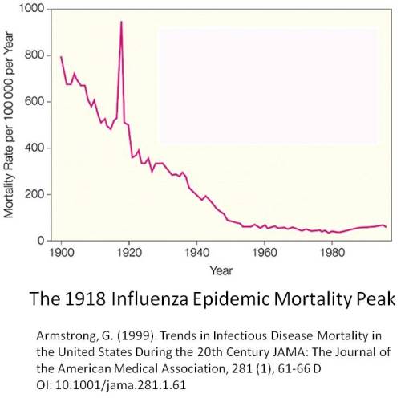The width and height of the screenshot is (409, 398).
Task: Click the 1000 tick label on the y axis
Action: (33, 9)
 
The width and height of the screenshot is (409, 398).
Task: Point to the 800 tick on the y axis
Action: (35, 55)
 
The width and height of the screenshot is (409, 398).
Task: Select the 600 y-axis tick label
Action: (35, 102)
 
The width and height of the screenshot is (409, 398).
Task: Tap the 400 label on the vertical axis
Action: (35, 148)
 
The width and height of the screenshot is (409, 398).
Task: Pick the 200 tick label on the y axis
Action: (35, 195)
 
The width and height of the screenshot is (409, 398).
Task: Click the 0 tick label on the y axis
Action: (42, 241)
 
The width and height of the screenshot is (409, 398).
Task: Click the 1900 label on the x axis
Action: (61, 254)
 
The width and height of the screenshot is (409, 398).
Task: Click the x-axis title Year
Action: (221, 271)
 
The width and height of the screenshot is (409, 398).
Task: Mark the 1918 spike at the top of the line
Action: (121, 22)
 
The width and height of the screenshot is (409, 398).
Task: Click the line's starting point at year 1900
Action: (61, 56)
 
